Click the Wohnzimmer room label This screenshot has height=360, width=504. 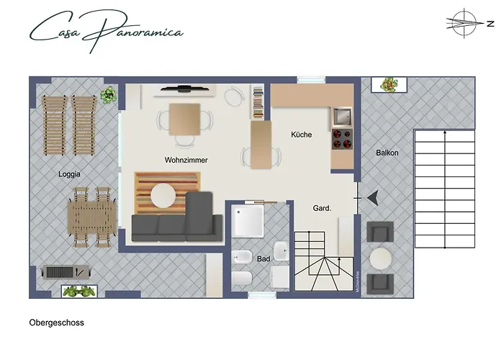click(186, 160)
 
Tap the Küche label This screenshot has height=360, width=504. click(302, 135)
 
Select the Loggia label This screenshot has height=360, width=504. click(70, 174)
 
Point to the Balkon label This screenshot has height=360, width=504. click(387, 153)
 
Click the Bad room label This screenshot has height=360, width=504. click(263, 258)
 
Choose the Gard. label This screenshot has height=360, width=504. click(322, 208)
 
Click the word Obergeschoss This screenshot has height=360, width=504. click(57, 323)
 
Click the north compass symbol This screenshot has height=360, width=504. click(462, 23)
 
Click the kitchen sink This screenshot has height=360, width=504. click(343, 114)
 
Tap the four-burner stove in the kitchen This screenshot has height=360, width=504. click(341, 139)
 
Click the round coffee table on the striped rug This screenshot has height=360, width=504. click(163, 195)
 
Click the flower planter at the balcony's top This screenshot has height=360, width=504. click(389, 84)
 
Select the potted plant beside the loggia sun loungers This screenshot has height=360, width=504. click(109, 94)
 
